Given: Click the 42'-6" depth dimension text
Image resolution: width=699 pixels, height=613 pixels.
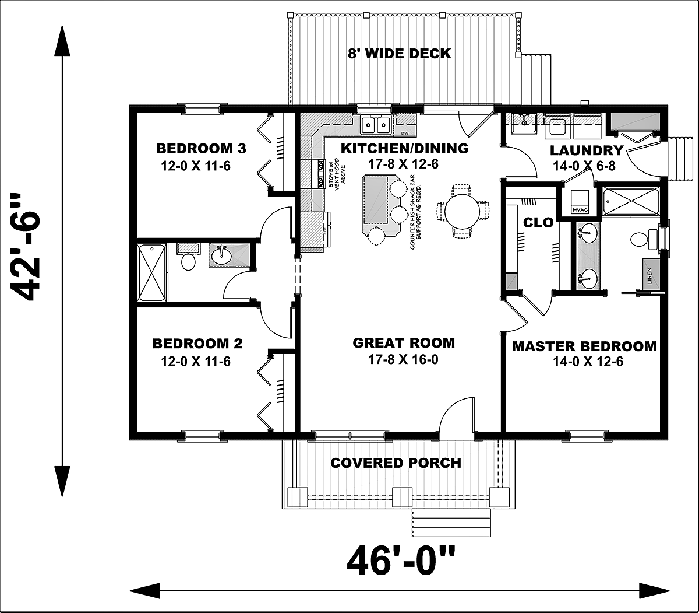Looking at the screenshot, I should [29, 247].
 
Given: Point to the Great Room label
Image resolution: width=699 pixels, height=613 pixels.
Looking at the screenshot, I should [403, 343].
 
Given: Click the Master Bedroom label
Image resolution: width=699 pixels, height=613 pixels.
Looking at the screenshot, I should [584, 346].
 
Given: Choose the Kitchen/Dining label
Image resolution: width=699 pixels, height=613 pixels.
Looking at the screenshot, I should [404, 148].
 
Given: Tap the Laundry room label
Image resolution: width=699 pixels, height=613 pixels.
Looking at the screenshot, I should [587, 150].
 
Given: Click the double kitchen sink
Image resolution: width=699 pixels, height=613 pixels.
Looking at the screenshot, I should [375, 124].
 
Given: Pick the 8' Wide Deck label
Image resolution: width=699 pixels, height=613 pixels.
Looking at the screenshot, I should [399, 54].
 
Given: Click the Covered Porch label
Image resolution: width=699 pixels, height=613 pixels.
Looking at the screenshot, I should [396, 463].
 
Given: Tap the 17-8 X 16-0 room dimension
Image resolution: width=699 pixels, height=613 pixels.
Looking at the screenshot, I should [403, 360].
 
